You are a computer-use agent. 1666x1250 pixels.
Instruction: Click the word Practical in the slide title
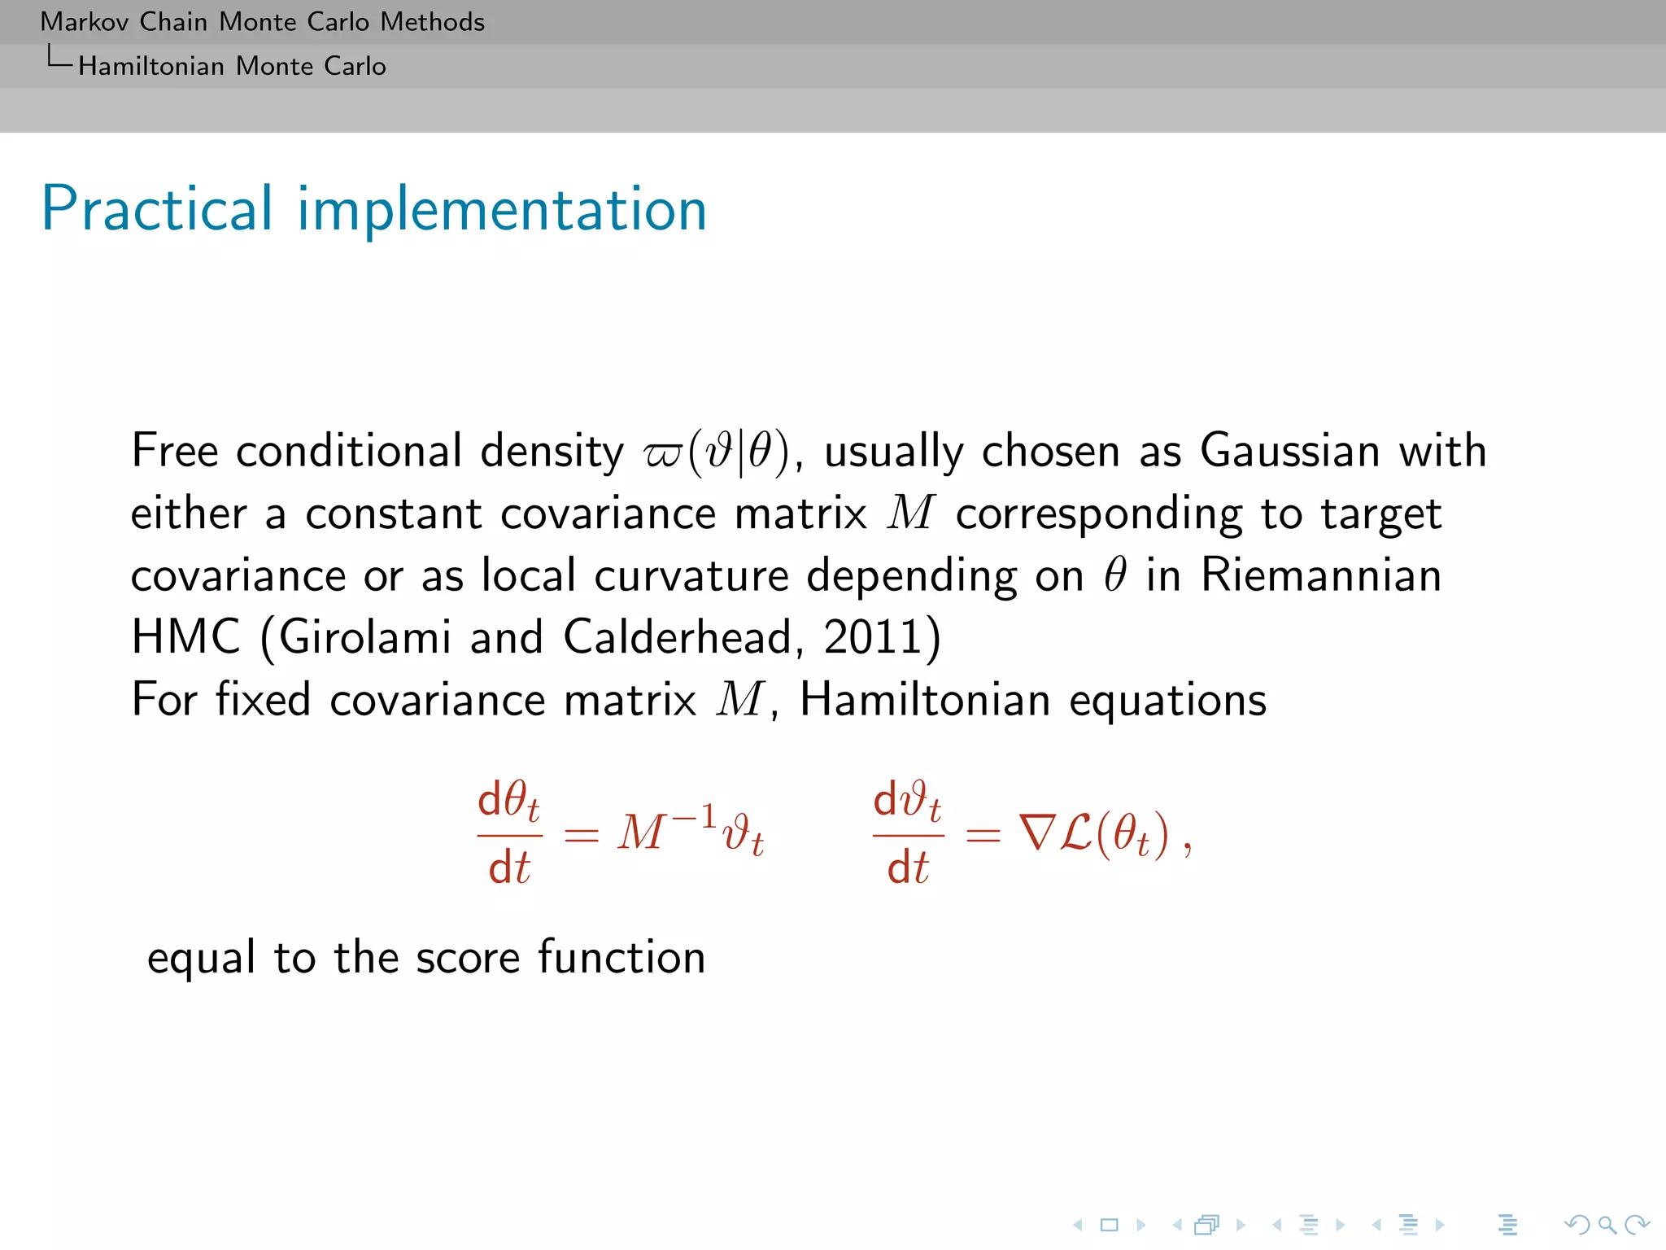156,209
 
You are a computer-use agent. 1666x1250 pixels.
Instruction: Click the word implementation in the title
501,211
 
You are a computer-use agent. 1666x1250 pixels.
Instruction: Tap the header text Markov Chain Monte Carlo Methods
262,21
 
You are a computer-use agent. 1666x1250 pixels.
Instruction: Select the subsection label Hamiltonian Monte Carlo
232,66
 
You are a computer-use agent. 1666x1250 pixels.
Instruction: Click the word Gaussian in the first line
1289,451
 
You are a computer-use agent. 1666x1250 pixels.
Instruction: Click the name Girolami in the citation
365,636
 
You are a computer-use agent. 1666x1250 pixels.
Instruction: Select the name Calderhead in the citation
677,636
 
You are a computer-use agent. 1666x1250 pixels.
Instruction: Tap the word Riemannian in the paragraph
1320,575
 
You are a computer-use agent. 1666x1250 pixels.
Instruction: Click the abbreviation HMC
185,636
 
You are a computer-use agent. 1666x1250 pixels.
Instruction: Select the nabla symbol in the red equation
1036,833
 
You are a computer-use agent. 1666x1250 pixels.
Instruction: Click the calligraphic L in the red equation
1075,833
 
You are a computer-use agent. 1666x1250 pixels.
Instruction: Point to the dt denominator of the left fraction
508,868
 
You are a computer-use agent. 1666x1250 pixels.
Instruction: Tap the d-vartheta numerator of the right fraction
907,801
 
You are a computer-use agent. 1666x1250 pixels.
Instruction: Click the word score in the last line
467,957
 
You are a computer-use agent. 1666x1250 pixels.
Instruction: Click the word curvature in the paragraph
691,575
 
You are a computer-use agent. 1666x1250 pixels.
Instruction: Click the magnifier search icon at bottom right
1607,1224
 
